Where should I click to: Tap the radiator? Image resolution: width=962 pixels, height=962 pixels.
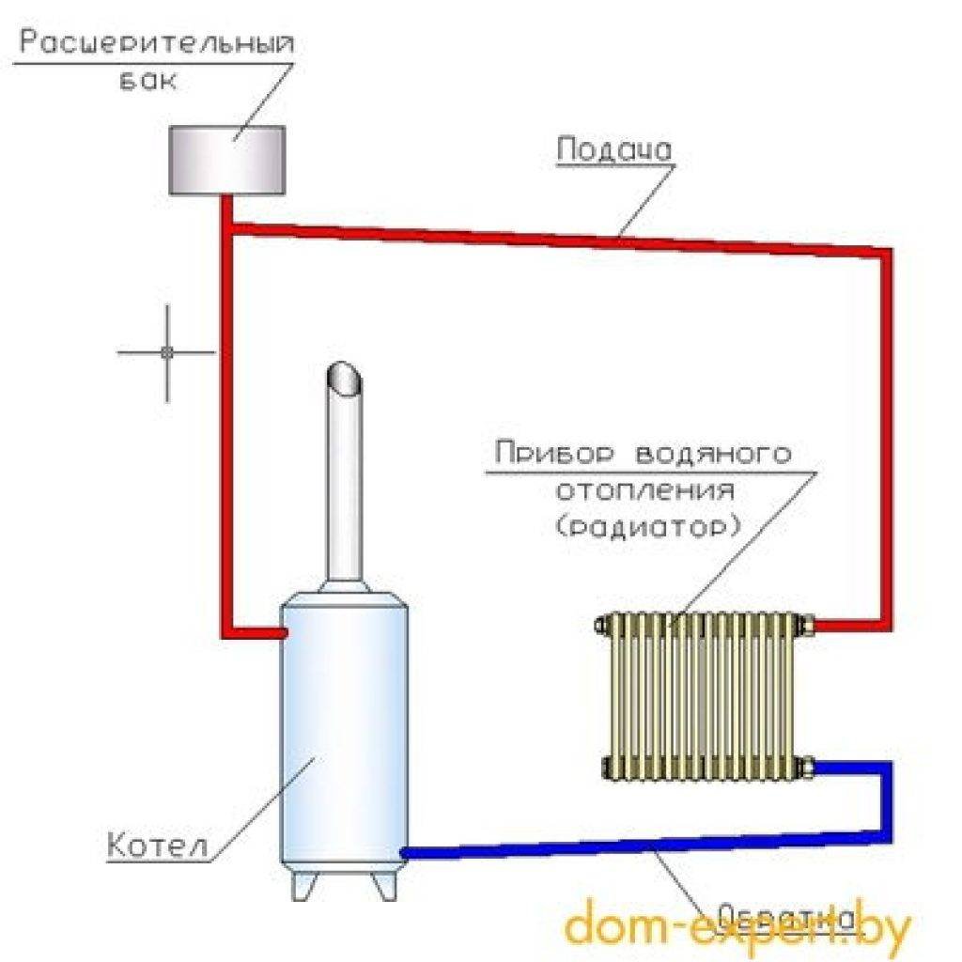(702, 696)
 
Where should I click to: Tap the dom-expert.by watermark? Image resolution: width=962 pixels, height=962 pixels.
(737, 925)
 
